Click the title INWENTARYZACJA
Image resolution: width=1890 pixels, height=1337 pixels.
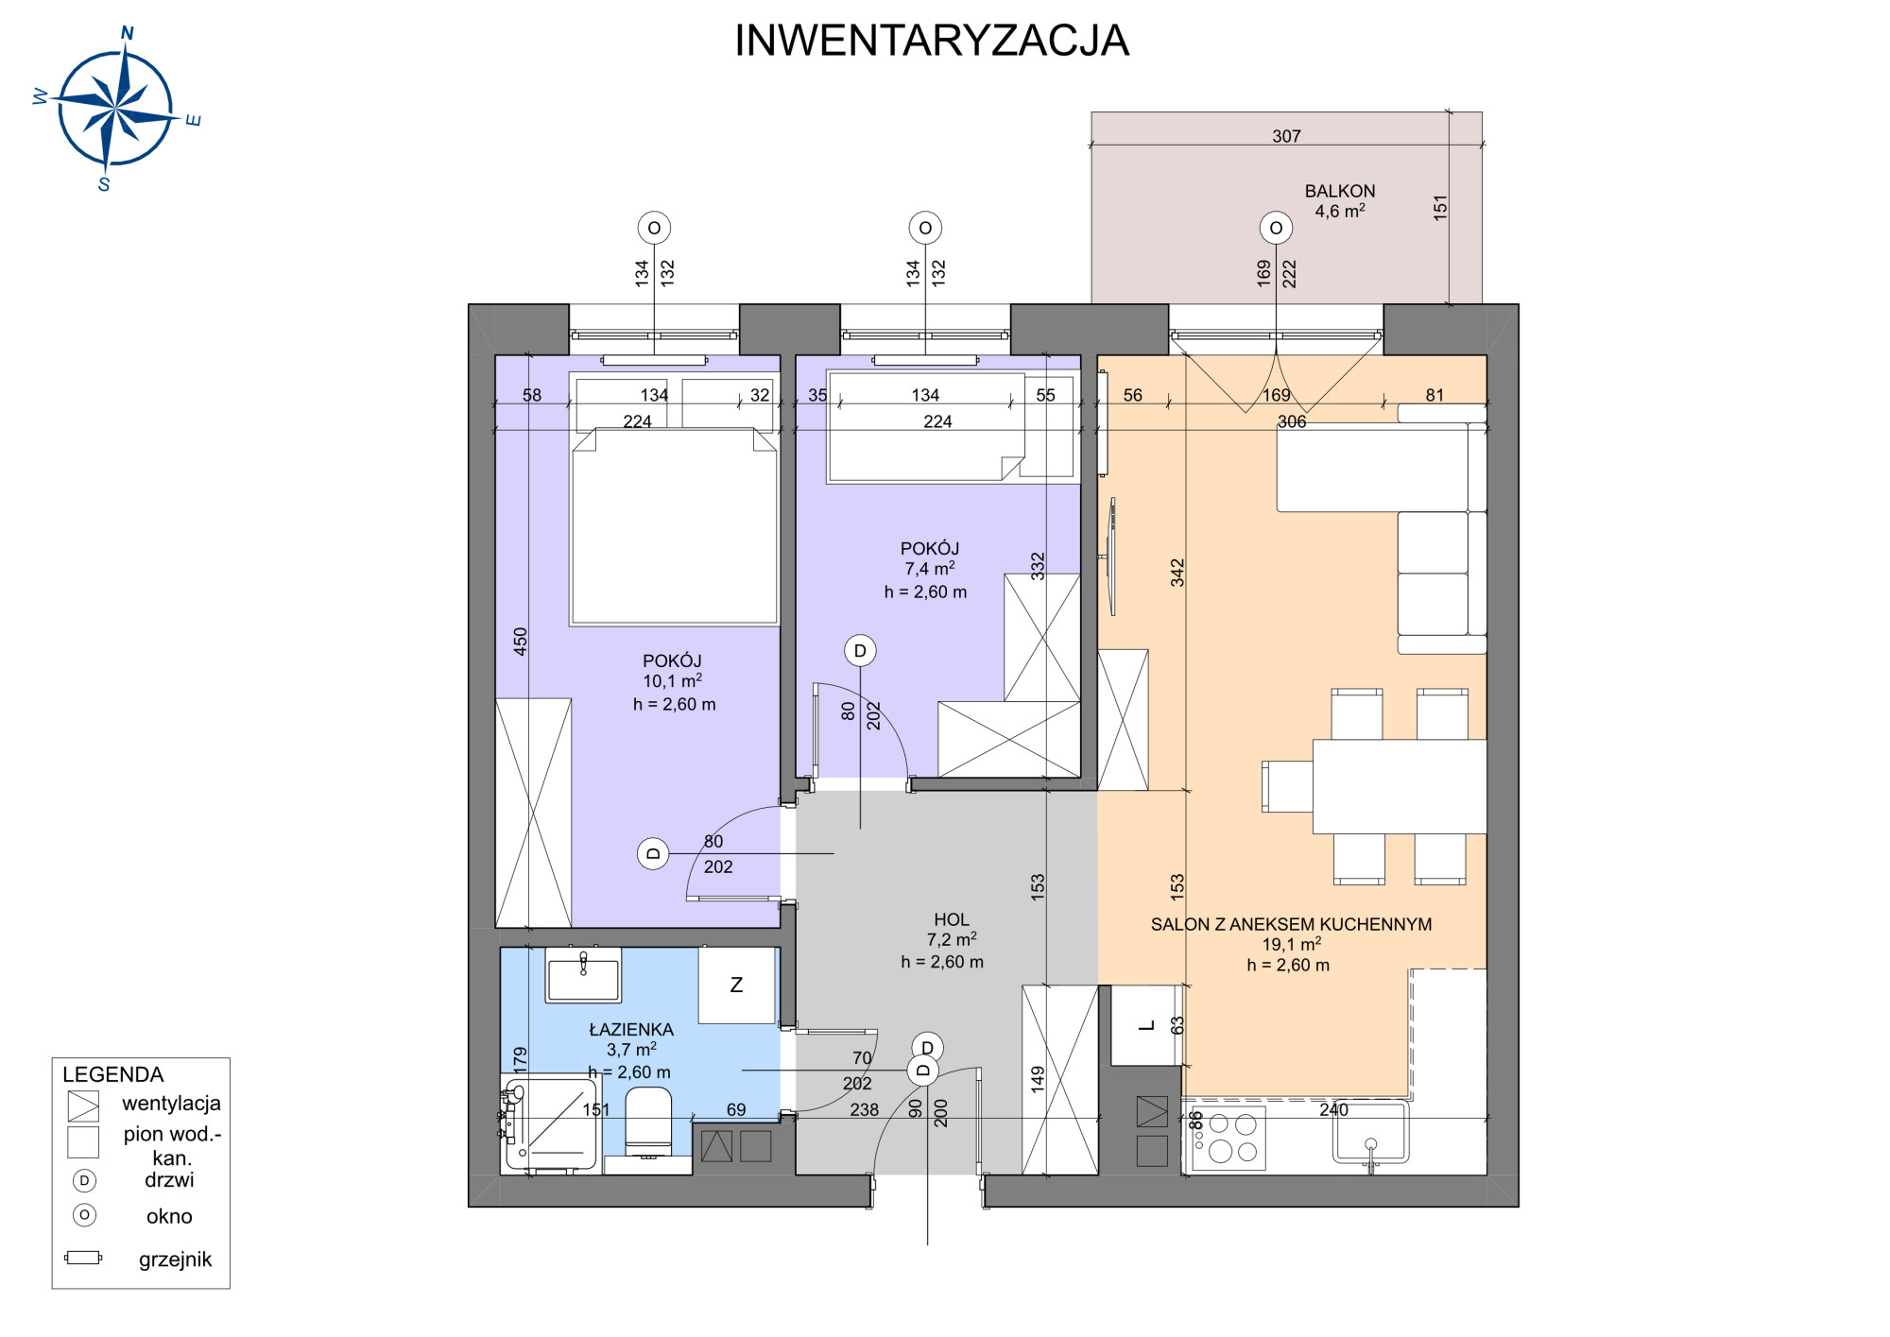click(932, 41)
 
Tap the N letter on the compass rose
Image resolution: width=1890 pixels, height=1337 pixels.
click(128, 34)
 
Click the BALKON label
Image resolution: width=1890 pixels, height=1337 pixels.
click(1340, 191)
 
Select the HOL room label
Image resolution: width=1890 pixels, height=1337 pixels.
click(952, 919)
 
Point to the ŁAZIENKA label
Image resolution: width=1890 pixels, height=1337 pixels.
click(631, 1030)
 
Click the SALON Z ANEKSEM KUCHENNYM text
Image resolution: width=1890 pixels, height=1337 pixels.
click(1291, 925)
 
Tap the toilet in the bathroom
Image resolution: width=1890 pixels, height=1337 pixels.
click(648, 1122)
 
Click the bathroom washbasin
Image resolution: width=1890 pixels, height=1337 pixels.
click(583, 975)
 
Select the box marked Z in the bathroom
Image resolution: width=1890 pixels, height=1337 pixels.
click(737, 985)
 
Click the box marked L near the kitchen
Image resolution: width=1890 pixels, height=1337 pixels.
click(1146, 1025)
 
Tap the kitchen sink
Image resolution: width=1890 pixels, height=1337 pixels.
click(1370, 1133)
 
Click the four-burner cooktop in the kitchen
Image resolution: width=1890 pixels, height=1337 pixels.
click(1228, 1138)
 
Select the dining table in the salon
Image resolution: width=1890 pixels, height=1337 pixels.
click(1400, 787)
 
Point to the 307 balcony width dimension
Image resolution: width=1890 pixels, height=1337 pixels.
click(1286, 137)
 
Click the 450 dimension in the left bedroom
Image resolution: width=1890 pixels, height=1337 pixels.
click(521, 642)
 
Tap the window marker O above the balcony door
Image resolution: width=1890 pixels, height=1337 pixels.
click(1276, 228)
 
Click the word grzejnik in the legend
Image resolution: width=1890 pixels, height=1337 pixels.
click(175, 1260)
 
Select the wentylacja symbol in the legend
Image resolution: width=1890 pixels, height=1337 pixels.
click(83, 1106)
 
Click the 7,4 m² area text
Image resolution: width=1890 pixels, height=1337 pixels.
click(930, 569)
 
